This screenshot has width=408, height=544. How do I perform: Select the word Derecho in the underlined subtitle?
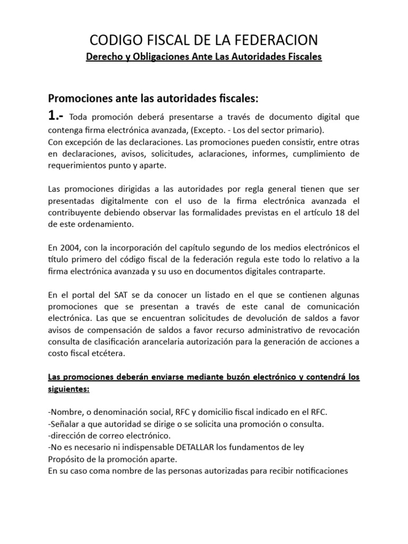(x=104, y=57)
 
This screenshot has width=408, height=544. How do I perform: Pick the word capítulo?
(x=182, y=248)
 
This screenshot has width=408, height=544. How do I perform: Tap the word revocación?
(x=338, y=330)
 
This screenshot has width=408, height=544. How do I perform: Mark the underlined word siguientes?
(x=69, y=389)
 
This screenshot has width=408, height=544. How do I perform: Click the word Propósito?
(x=67, y=459)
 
